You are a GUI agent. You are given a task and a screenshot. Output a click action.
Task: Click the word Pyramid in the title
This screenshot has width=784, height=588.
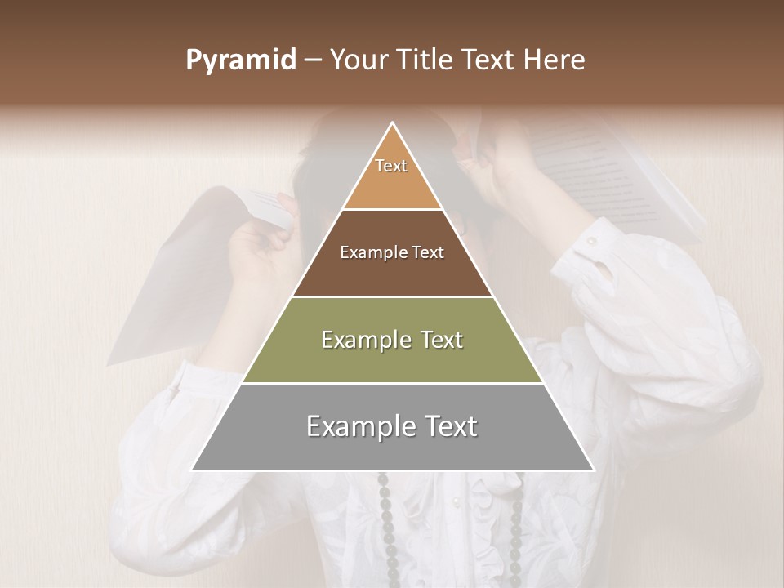[240, 60]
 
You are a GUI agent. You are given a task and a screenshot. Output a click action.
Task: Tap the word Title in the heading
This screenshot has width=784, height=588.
[427, 60]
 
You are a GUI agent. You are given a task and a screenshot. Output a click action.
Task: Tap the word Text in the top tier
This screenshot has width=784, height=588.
[391, 166]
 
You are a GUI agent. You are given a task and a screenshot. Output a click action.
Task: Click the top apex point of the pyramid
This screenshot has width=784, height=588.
[393, 123]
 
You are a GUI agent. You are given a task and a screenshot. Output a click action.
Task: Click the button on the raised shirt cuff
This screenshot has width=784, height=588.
[590, 241]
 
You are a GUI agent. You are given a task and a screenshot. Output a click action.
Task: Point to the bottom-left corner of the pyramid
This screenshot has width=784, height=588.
[192, 470]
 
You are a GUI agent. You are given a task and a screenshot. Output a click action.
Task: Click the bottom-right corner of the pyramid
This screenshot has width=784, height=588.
[594, 470]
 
